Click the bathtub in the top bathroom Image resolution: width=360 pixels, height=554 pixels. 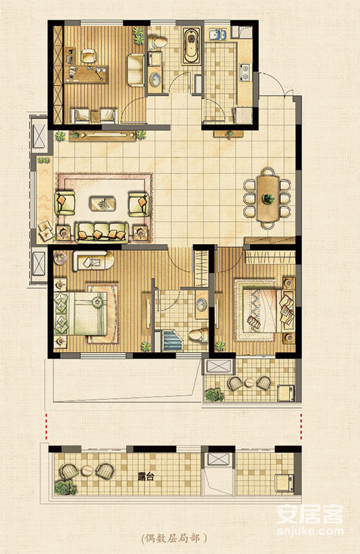pyautogui.click(x=192, y=46)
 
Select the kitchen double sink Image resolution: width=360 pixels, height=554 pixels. pyautogui.click(x=218, y=34)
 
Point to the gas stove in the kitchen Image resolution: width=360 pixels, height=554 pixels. pyautogui.click(x=245, y=72)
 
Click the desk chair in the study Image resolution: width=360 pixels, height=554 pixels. pyautogui.click(x=88, y=56)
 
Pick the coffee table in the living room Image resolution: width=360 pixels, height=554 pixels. pyautogui.click(x=102, y=204)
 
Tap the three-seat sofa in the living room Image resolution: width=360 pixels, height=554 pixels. pyautogui.click(x=102, y=233)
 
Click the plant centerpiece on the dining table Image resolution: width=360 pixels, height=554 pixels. pyautogui.click(x=269, y=198)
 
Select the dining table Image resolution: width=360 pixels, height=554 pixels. pyautogui.click(x=268, y=198)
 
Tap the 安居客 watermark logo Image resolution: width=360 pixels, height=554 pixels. pyautogui.click(x=310, y=515)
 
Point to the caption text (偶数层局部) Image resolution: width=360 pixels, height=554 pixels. pyautogui.click(x=174, y=538)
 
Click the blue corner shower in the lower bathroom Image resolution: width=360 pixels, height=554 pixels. pyautogui.click(x=172, y=340)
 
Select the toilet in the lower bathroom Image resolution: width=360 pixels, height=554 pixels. pyautogui.click(x=198, y=335)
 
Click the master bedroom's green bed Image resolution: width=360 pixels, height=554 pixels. pyautogui.click(x=81, y=314)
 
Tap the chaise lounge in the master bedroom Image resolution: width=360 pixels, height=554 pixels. pyautogui.click(x=93, y=261)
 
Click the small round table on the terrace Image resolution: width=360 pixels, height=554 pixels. pyautogui.click(x=250, y=383)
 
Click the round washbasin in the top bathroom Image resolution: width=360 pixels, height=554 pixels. pyautogui.click(x=155, y=80)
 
